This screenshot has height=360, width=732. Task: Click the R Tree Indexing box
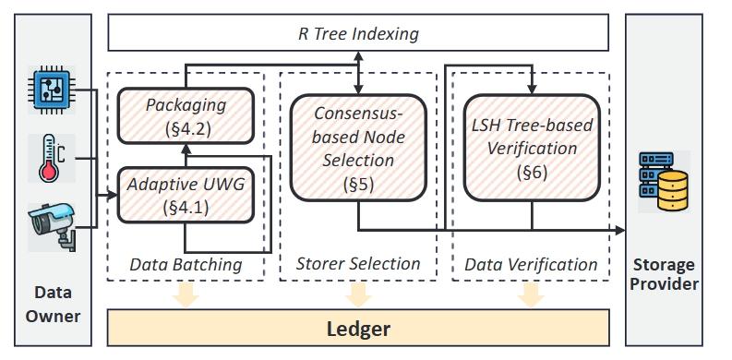(358, 34)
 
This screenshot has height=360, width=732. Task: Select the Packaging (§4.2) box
(186, 116)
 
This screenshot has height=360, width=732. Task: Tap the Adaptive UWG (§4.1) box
(186, 194)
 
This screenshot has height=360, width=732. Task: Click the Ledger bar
(358, 328)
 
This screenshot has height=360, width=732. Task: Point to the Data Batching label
(186, 265)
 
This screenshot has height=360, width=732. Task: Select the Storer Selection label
(357, 264)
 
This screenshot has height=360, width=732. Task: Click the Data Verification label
(531, 265)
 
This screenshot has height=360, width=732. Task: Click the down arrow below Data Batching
(186, 294)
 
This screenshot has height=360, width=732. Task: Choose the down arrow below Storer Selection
(357, 294)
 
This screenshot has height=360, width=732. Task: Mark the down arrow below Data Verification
(530, 294)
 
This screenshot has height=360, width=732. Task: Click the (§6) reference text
(530, 172)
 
